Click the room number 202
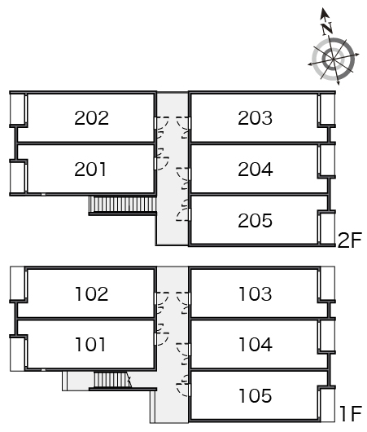[91, 118]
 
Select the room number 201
[90, 170]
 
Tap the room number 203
[255, 118]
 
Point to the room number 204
[256, 170]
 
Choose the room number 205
[255, 220]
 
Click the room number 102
[92, 293]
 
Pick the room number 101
[90, 345]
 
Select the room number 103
[256, 293]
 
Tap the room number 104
[256, 345]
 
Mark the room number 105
[256, 395]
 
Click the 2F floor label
[350, 240]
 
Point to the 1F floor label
[350, 413]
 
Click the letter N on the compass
[327, 28]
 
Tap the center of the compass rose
[333, 59]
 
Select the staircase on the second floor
[123, 205]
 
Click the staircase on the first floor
[112, 380]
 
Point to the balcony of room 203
[326, 109]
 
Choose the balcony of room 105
[327, 404]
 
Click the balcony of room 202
[18, 109]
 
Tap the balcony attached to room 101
[18, 353]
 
